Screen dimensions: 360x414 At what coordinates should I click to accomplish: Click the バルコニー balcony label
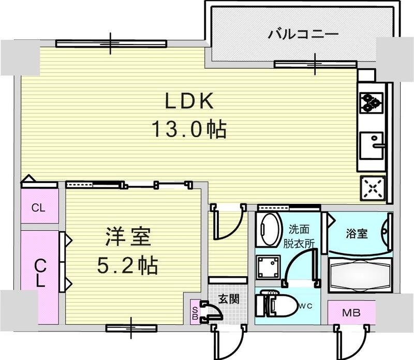pyautogui.click(x=303, y=35)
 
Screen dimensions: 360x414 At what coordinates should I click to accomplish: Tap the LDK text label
pyautogui.click(x=189, y=102)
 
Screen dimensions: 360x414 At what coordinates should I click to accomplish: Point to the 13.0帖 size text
pyautogui.click(x=189, y=129)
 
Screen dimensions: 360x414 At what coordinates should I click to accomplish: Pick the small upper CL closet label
pyautogui.click(x=38, y=208)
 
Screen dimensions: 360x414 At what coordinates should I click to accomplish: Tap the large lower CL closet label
pyautogui.click(x=40, y=274)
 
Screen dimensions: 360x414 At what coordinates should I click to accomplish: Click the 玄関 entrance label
pyautogui.click(x=228, y=298)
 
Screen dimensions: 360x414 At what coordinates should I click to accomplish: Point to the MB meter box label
pyautogui.click(x=351, y=312)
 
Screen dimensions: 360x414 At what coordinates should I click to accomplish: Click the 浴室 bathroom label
pyautogui.click(x=357, y=233)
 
